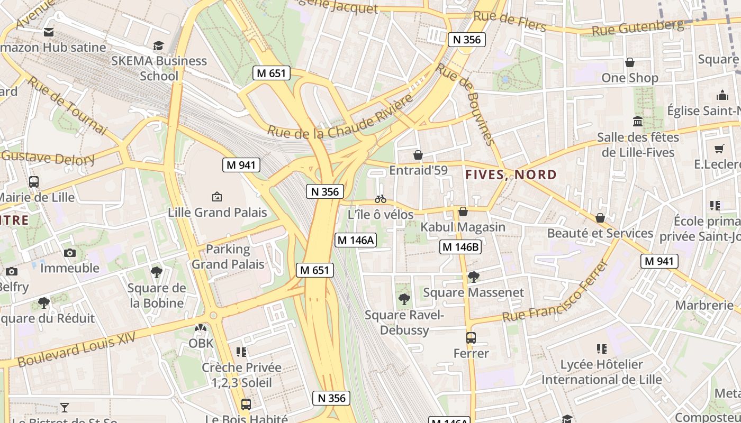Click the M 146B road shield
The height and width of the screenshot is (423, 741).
(460, 247)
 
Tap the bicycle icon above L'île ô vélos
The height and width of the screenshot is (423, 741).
(380, 199)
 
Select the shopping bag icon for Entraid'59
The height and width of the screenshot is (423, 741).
(418, 155)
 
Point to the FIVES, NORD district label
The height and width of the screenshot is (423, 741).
(511, 174)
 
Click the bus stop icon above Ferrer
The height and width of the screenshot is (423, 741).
(471, 337)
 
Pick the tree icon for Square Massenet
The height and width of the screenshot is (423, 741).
(473, 277)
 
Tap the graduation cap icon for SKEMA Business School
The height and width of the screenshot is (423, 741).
(158, 45)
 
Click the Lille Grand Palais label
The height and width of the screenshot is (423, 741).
(217, 213)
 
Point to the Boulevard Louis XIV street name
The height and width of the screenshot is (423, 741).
(77, 350)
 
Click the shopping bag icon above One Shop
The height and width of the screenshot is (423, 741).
(630, 62)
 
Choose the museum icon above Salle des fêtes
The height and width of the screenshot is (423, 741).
(638, 121)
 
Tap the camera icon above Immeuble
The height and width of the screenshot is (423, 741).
(70, 253)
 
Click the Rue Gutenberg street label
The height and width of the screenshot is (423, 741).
(637, 27)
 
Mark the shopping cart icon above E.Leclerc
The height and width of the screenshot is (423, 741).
(719, 149)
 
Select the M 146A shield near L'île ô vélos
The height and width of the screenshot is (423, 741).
(356, 240)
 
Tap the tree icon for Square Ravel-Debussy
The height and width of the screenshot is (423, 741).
(404, 299)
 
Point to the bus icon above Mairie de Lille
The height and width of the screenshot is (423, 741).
(34, 182)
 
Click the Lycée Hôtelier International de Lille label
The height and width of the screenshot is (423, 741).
(601, 372)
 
